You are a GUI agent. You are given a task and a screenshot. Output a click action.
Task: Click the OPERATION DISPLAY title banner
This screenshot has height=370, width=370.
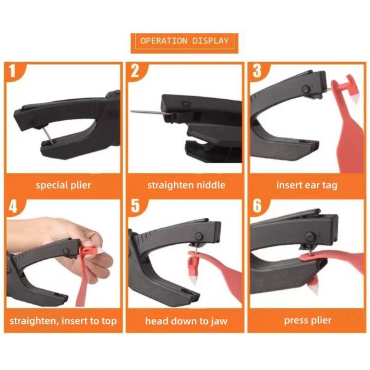(184, 43)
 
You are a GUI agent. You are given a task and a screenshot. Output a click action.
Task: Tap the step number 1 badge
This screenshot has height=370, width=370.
(13, 71)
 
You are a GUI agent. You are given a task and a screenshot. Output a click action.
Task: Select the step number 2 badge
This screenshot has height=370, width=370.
(134, 71)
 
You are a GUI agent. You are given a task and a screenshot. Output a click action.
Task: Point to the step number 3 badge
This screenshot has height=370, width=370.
(257, 71)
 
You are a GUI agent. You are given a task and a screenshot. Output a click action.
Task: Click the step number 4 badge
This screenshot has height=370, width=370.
(13, 206)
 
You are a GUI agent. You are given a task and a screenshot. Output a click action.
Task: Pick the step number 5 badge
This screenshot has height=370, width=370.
(135, 206)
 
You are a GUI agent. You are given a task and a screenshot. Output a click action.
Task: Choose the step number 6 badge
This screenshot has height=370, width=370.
(257, 206)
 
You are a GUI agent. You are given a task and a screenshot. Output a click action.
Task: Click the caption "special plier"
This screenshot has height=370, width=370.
(64, 186)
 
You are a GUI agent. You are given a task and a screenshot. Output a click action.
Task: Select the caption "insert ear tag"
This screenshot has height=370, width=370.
(306, 186)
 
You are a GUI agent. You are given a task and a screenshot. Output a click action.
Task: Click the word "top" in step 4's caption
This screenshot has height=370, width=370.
(109, 321)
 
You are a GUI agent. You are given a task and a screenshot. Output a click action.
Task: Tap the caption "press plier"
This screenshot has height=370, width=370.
(308, 321)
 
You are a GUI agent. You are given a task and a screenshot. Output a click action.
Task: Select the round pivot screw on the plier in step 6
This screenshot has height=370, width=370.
(310, 237)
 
